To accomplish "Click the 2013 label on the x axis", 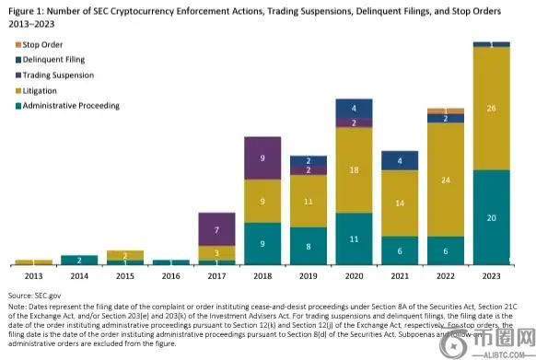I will click(33, 274).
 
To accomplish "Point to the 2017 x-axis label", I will click(217, 274).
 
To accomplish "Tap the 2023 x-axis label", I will click(491, 274).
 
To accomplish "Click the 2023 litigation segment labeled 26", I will click(491, 109).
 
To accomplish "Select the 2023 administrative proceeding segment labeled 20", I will click(491, 217).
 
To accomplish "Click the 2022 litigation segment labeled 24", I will click(446, 180).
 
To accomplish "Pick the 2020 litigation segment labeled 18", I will click(355, 170).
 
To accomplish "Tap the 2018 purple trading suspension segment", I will click(263, 158).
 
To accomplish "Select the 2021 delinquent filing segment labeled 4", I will click(400, 162).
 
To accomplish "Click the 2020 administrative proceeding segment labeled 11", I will click(355, 238).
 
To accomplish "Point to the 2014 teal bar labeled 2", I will click(79, 261).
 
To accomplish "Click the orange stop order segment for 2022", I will click(446, 110).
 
